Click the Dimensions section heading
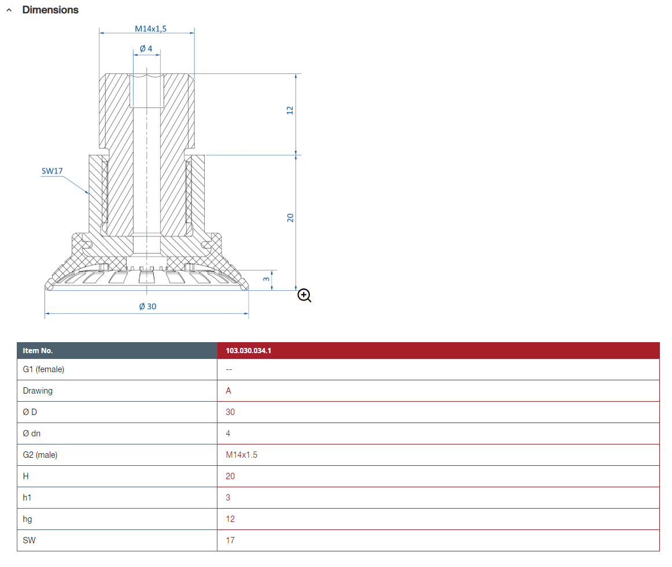[x=50, y=10]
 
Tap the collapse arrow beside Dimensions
[x=9, y=10]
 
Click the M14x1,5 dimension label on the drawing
[x=150, y=28]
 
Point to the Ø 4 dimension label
[x=146, y=49]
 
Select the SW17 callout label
[x=51, y=171]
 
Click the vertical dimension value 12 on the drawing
[x=290, y=109]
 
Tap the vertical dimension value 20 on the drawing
[x=290, y=218]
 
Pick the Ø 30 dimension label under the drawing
[x=147, y=306]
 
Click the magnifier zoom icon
[x=304, y=296]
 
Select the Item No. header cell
[x=38, y=351]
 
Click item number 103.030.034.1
[x=248, y=351]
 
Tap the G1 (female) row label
[x=43, y=369]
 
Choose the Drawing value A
[x=228, y=391]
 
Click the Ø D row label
[x=30, y=412]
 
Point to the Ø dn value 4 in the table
[x=228, y=433]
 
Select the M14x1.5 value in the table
[x=241, y=455]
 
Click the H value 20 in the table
[x=230, y=476]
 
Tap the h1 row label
[x=27, y=498]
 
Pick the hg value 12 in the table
[x=230, y=519]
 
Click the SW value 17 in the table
[x=230, y=540]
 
